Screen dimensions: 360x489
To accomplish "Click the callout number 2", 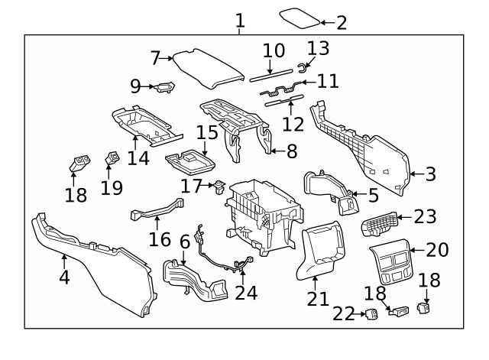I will (x=342, y=22).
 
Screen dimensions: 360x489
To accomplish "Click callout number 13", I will (x=318, y=48).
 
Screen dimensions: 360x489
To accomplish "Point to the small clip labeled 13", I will (x=302, y=65).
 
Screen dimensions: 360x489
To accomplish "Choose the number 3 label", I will (x=430, y=174).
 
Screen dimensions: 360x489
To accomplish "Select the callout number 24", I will (x=247, y=293).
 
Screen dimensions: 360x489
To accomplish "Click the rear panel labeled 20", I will (x=389, y=264).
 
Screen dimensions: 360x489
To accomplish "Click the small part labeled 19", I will (x=112, y=160).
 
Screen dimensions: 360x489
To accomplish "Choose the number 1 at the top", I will (x=240, y=20).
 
